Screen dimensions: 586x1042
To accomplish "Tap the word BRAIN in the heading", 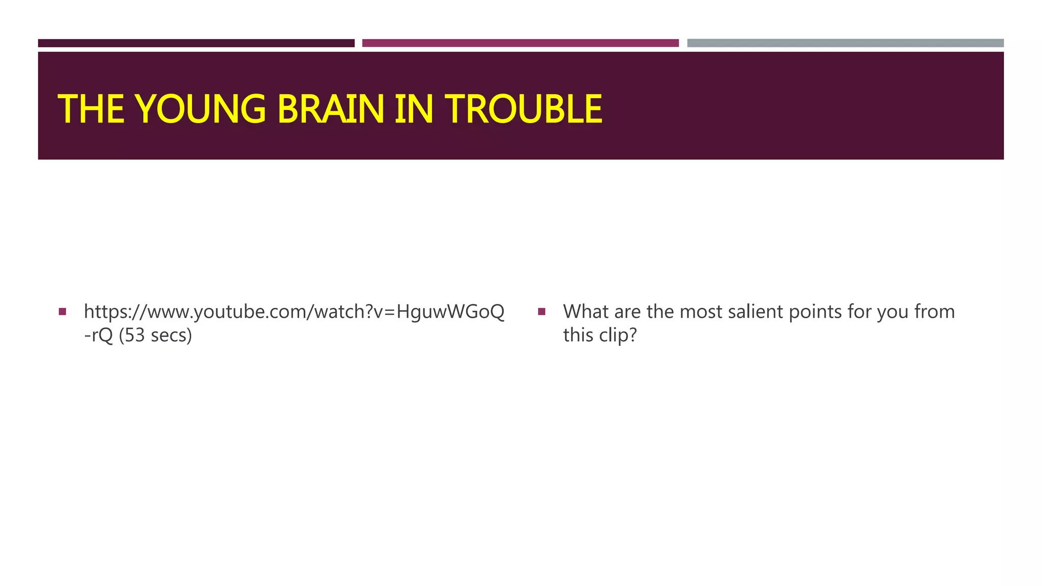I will pos(331,109).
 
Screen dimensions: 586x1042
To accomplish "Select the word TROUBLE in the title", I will pos(524,109).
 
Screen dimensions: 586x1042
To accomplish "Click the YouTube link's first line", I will pos(294,312).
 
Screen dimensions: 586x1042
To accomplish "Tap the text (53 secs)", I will pos(155,335).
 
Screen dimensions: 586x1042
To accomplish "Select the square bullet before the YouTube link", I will pos(63,311).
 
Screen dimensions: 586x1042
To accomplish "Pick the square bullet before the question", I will pos(541,311).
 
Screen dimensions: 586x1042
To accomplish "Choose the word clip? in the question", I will pos(617,335).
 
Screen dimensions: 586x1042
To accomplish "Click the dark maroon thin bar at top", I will pos(196,43).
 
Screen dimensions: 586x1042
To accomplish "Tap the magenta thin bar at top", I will pos(520,43).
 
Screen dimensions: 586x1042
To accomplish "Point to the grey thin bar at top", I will pos(845,43).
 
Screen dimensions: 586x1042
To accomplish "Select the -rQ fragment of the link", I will pos(98,335).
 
